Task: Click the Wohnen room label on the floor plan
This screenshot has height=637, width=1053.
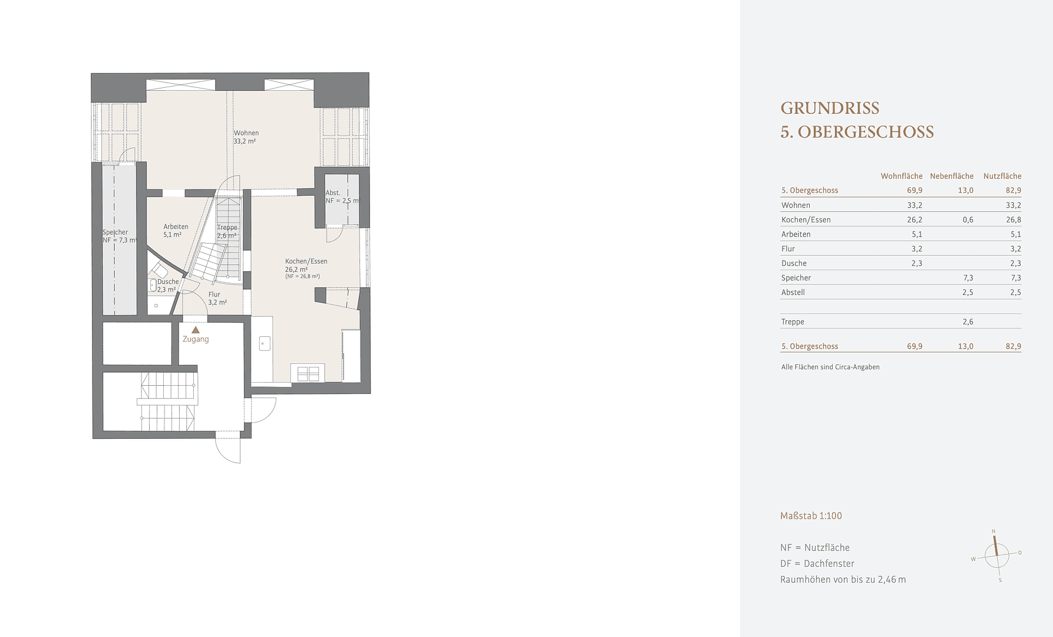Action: (246, 133)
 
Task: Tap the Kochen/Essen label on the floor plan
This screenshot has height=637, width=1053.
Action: (306, 261)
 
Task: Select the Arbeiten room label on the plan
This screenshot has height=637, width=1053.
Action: (176, 227)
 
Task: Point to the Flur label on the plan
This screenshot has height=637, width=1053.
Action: (214, 294)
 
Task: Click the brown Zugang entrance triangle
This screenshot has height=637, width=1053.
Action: (196, 330)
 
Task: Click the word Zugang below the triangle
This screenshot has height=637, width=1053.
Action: (196, 339)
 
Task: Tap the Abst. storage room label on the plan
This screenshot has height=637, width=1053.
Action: (333, 193)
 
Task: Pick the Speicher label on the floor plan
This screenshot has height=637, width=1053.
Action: (115, 232)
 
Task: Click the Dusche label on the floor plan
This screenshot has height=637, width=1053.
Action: (168, 282)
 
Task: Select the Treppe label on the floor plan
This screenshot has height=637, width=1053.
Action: (227, 228)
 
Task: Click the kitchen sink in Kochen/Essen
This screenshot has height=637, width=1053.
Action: (265, 343)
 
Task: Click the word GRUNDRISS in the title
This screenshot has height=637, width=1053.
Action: (830, 108)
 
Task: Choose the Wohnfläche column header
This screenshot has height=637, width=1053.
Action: (901, 176)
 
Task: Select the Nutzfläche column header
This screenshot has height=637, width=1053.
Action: (1002, 176)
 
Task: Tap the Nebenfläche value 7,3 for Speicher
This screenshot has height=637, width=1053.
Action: (968, 278)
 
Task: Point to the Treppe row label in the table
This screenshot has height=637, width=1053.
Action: (793, 322)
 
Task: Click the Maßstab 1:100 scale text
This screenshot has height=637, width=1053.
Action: (811, 516)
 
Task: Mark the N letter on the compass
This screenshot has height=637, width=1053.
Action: (993, 531)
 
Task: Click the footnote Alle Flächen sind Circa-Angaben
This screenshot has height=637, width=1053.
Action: (830, 367)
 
